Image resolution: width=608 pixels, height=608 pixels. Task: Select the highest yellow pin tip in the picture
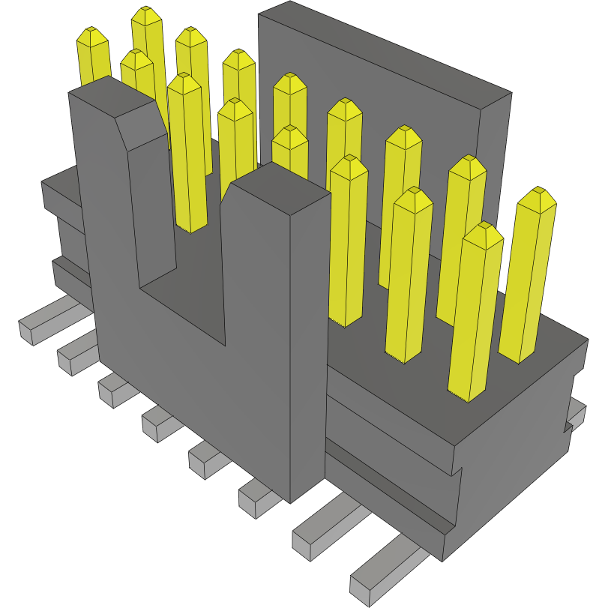(x=147, y=15)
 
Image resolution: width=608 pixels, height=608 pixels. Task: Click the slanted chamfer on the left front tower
(x=140, y=120)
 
